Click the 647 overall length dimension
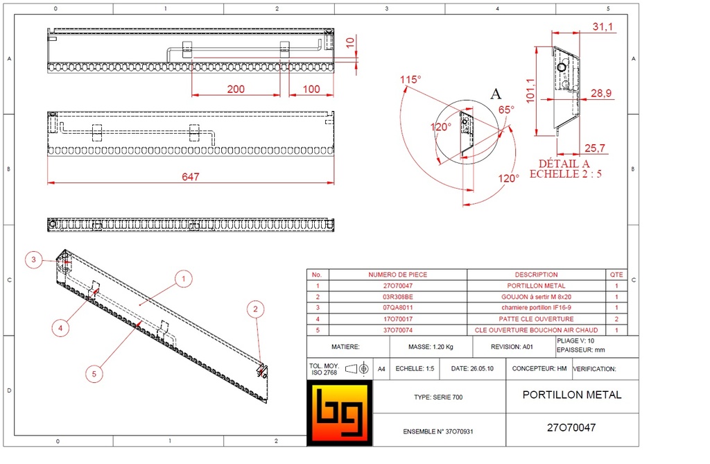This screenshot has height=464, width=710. tap(191, 177)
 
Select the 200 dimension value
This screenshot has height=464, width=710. tap(236, 89)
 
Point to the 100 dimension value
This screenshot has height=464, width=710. tap(311, 89)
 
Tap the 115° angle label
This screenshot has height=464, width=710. tap(410, 80)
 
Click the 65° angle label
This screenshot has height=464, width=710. tap(507, 110)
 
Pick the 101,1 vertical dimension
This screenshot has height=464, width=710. tap(530, 89)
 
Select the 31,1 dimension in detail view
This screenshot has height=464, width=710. tap(603, 26)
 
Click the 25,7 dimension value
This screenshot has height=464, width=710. tap(596, 148)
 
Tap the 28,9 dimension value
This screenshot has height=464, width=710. tap(600, 93)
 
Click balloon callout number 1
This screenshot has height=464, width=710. tap(183, 280)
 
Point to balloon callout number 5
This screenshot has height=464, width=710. tap(95, 373)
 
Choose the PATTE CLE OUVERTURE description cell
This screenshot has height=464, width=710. tap(536, 318)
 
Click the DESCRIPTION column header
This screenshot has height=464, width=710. tap(536, 275)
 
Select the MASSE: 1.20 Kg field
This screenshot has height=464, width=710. tap(431, 346)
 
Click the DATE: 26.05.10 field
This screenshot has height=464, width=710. tap(472, 370)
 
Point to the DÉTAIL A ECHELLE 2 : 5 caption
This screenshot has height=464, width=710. tap(565, 168)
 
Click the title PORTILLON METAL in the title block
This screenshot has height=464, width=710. tap(572, 395)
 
